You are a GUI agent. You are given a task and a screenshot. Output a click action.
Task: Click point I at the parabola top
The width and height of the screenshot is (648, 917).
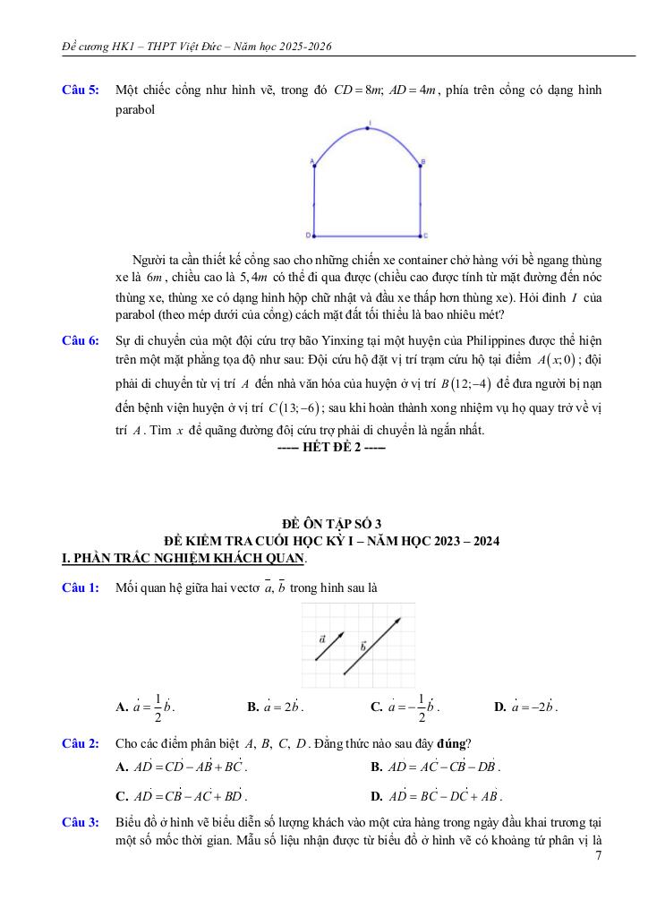[x=369, y=128]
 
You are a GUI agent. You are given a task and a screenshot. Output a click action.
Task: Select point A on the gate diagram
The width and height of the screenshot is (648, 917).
[x=314, y=164]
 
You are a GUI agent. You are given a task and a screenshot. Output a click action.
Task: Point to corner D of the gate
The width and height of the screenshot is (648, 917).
[x=314, y=236]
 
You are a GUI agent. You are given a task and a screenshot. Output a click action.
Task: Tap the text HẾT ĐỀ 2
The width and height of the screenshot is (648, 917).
[x=331, y=447]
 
